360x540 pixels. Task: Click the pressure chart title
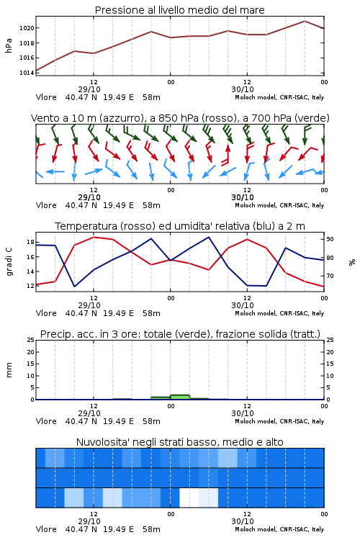pos(179,10)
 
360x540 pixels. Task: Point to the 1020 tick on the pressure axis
pos(27,28)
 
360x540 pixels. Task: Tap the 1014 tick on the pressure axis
pos(27,73)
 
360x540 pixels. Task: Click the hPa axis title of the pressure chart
pos(9,45)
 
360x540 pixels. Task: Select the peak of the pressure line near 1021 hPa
pos(305,21)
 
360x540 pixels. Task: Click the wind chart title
pos(180,118)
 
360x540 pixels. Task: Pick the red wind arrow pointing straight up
pos(227,155)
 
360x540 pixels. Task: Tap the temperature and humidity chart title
pos(180,226)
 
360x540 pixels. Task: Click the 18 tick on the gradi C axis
pos(30,242)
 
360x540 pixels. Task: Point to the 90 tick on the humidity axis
pos(330,239)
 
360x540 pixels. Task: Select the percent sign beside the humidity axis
pos(352,262)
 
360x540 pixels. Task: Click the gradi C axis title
pos(9,262)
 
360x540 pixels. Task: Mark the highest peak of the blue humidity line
pos(208,237)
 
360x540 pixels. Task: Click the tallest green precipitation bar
pos(180,397)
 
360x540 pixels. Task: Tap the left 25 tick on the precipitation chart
pos(30,340)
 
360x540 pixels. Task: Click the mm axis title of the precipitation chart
pos(9,370)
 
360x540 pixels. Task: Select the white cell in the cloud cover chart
pos(189,498)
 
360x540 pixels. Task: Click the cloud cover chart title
pos(180,442)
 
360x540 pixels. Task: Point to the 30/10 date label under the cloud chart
pos(243,521)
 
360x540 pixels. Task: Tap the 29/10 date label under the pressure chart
pos(89,89)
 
